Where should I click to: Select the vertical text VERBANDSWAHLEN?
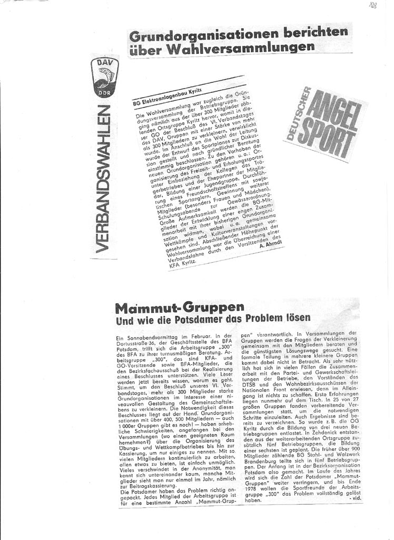pyautogui.click(x=104, y=179)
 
